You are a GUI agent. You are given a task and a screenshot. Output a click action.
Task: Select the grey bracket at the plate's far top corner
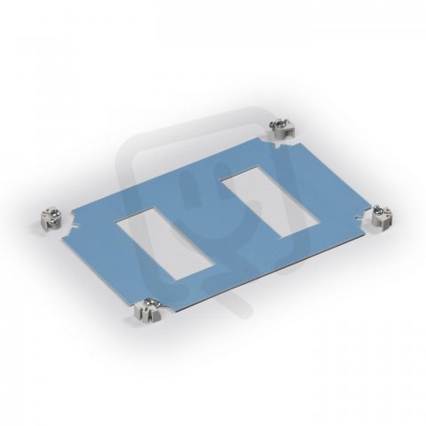pos(282,128)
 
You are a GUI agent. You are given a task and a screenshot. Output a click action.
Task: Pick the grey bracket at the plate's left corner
pos(51,217)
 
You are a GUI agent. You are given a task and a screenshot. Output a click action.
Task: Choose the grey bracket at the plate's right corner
pos(382,216)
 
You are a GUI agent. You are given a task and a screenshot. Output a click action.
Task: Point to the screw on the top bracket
pos(279,123)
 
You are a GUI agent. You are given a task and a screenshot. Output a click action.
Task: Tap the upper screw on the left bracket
pos(55,212)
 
